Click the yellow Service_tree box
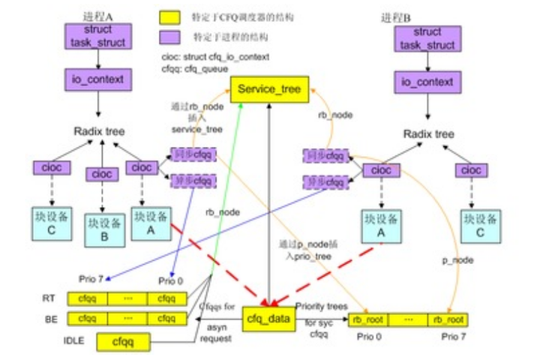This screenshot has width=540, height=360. coord(268,90)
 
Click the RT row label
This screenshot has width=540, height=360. coord(47,298)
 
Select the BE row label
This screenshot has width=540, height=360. coord(47,319)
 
